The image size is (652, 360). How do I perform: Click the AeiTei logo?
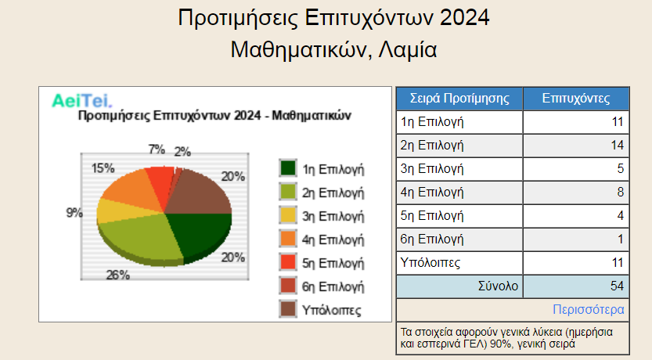coord(82,101)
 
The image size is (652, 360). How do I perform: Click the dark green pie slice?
coord(200,235)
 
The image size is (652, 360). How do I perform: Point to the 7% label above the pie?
coord(157,149)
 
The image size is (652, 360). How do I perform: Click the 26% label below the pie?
coord(117,275)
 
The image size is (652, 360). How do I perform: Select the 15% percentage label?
coord(103,168)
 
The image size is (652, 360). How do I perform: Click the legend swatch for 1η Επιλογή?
coord(288,168)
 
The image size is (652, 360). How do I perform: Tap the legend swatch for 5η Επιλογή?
coord(288,262)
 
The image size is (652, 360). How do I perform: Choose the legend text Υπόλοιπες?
coord(331,310)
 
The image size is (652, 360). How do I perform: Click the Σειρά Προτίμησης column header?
coord(459,99)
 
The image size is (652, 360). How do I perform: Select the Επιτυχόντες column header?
coord(576,99)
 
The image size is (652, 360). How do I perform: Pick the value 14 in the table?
coord(617,145)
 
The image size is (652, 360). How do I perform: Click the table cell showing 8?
coord(621,192)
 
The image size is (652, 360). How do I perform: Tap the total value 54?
coord(617,286)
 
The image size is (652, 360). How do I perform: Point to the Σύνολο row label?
coord(498,286)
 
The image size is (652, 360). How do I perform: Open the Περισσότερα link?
coord(589,310)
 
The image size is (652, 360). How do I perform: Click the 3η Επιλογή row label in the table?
coord(432,169)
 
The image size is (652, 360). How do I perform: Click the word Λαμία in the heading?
coord(408,50)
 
